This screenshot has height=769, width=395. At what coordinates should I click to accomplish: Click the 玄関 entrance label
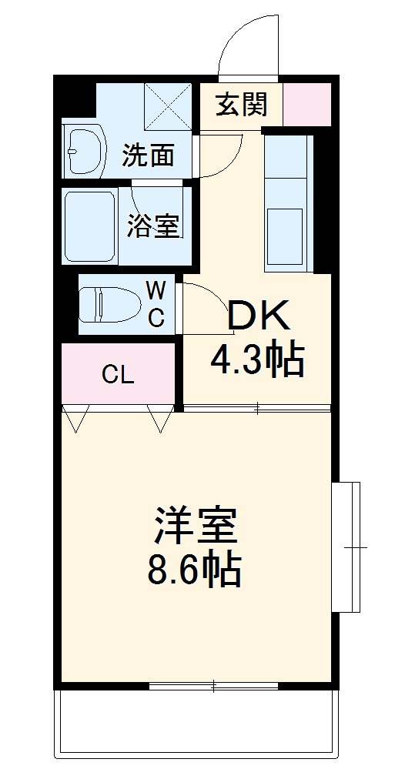(241, 105)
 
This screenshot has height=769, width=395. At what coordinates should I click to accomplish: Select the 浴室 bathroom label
(153, 226)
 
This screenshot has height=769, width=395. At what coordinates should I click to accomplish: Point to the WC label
(156, 304)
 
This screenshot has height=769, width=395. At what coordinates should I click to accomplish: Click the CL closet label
(119, 376)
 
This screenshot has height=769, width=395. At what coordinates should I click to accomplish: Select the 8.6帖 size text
(194, 570)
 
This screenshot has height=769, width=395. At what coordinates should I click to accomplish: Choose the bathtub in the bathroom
(89, 226)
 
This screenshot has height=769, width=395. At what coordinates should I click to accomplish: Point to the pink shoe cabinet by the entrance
(306, 104)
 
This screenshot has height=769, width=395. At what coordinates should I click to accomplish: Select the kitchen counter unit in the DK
(289, 204)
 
